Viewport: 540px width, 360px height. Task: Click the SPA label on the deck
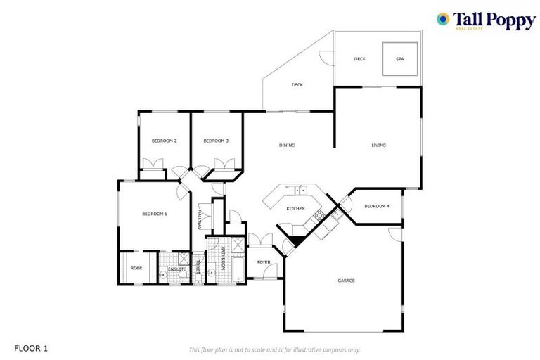[x=399, y=59]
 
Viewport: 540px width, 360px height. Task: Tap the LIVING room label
[x=379, y=146]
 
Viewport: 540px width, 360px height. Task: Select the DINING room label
[x=287, y=146]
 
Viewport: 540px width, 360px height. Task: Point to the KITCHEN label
[x=295, y=209]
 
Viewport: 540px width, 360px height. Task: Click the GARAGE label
[x=346, y=281]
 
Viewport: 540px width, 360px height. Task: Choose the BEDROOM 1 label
[x=154, y=214]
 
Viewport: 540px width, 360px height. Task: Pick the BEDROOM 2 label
[x=164, y=141]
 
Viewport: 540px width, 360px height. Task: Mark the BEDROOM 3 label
[x=216, y=141]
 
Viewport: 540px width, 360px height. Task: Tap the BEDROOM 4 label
[x=377, y=206]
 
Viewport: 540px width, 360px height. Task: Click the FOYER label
[x=264, y=262]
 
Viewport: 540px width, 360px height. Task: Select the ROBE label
[x=136, y=268]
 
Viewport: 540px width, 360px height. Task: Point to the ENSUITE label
[x=176, y=269]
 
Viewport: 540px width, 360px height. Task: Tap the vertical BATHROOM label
[x=223, y=259]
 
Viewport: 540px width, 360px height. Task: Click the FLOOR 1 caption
[x=31, y=348]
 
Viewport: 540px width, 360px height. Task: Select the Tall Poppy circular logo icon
[x=443, y=19]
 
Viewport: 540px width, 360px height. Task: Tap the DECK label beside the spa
[x=360, y=59]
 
